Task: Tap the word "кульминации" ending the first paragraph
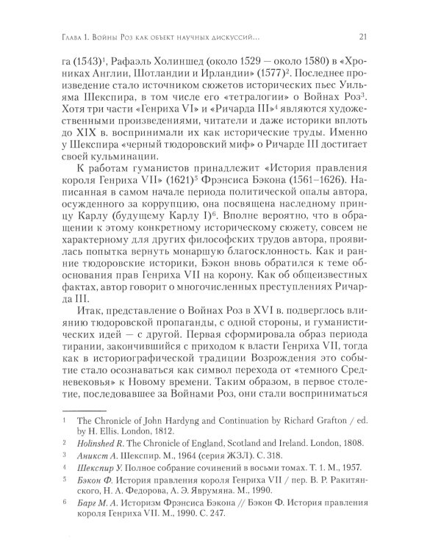pyautogui.click(x=130, y=190)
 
